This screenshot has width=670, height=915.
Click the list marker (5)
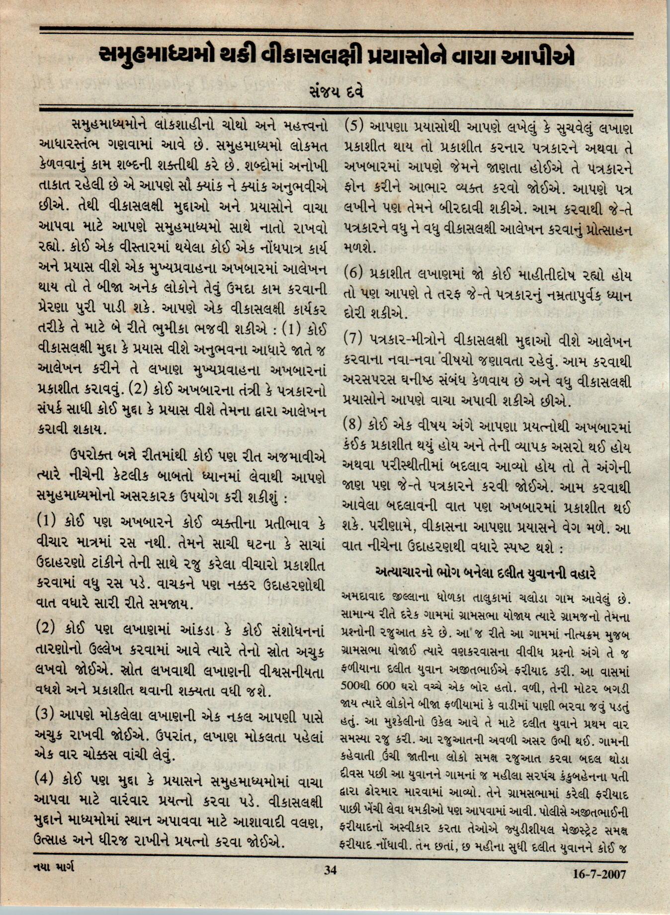coord(354,126)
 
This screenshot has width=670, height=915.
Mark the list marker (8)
coord(354,425)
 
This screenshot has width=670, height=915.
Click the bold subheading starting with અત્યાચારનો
coord(486,574)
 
